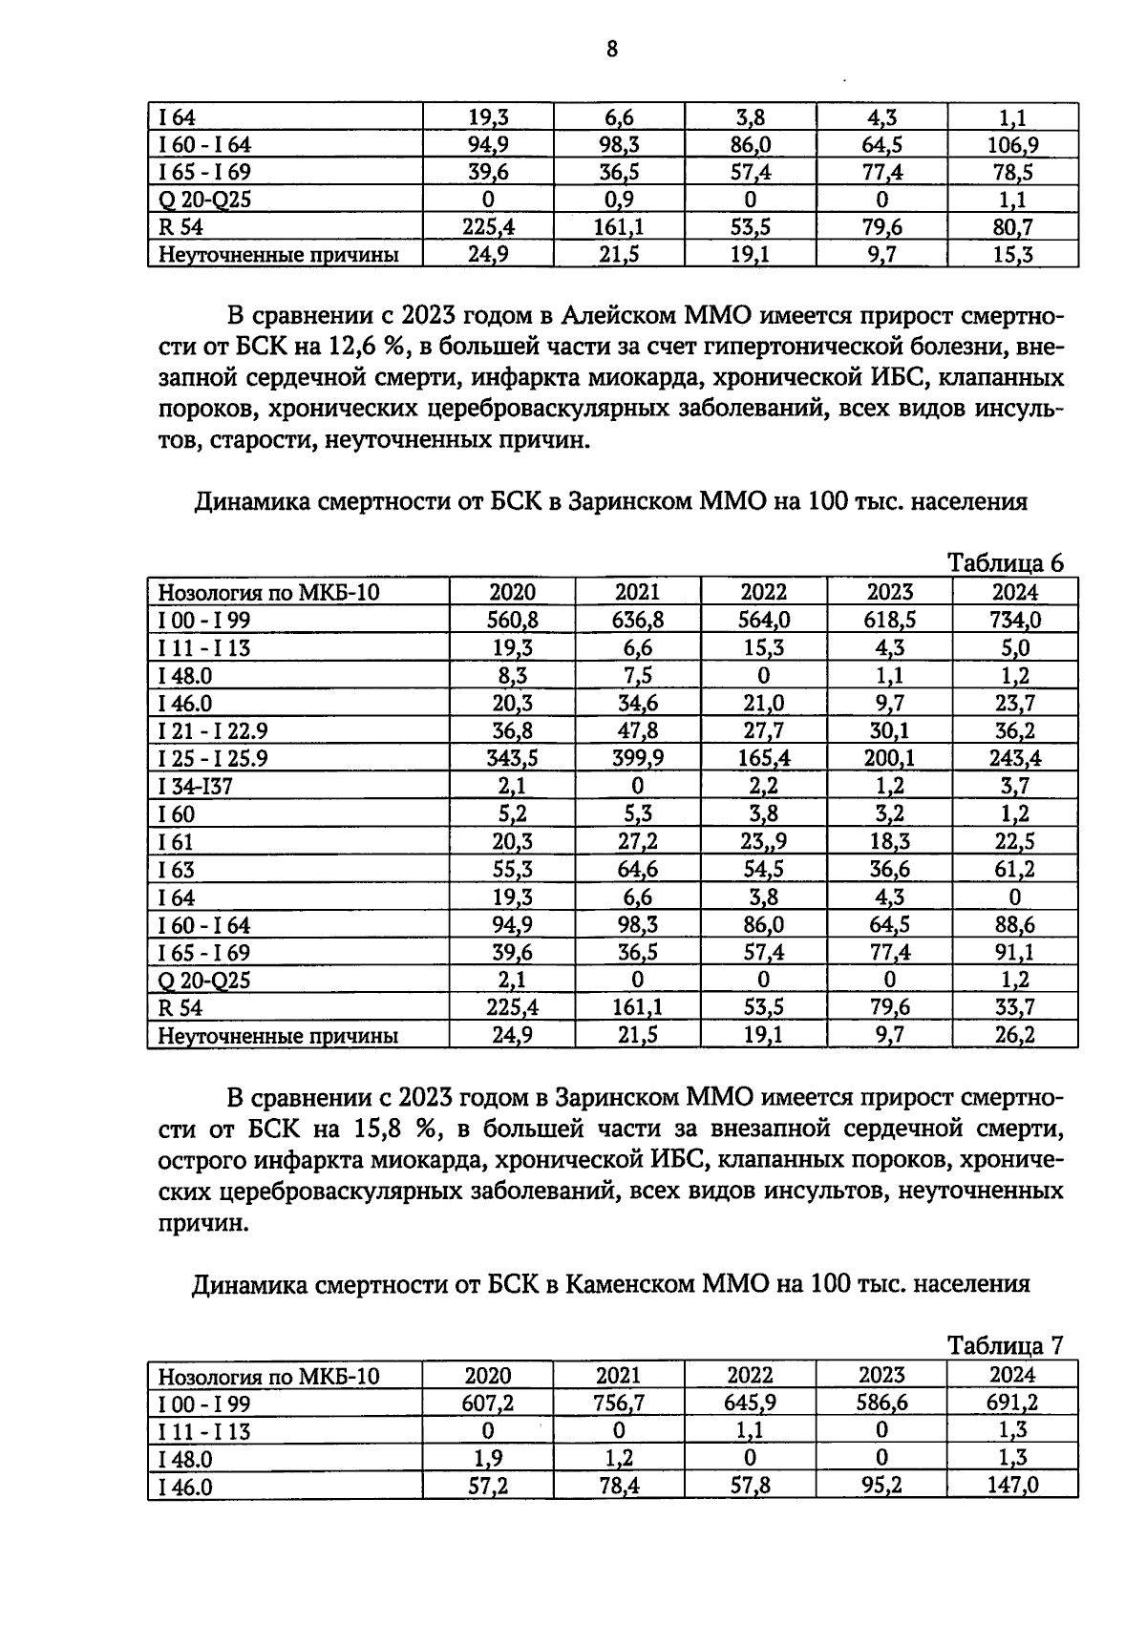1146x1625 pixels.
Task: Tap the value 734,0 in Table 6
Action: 1014,621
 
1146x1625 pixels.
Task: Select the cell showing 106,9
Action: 1012,146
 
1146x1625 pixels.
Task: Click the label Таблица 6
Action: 1005,563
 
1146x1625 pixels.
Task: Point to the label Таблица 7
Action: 1005,1345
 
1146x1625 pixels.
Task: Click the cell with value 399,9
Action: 637,759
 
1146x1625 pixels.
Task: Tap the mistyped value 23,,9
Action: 763,842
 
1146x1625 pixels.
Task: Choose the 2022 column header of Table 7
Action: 750,1376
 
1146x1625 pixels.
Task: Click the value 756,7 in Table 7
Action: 618,1403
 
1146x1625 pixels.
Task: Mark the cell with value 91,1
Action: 1014,953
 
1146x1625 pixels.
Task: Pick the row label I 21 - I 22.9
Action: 213,731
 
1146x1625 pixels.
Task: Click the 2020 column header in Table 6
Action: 512,592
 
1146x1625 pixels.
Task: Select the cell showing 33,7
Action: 1014,1008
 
